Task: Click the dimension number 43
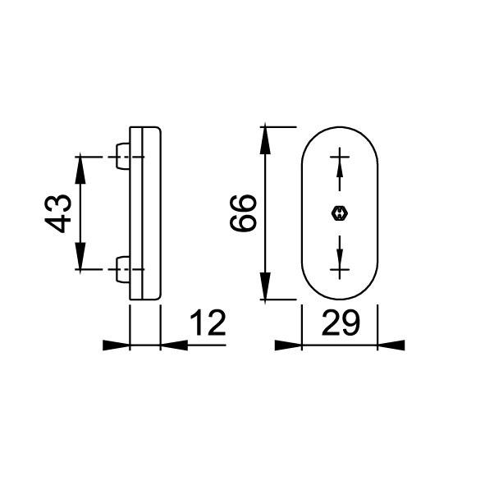click(x=57, y=213)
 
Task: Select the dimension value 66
click(x=243, y=213)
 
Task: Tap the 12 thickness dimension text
click(x=208, y=323)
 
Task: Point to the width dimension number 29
click(x=341, y=323)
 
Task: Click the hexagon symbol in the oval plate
click(x=339, y=213)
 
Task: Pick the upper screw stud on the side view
click(x=123, y=156)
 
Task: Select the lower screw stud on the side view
click(x=123, y=269)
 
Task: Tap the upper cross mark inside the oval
click(x=340, y=157)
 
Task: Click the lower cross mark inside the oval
click(x=340, y=270)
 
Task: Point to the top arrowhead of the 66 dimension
click(x=265, y=140)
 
